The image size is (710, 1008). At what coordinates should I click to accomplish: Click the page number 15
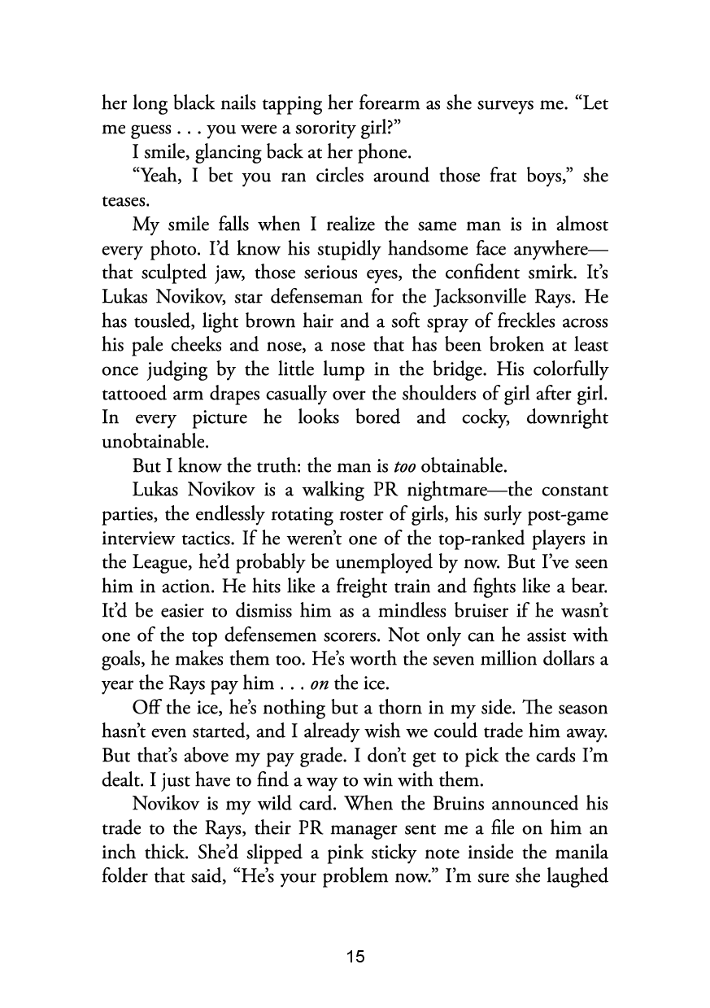(x=355, y=957)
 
